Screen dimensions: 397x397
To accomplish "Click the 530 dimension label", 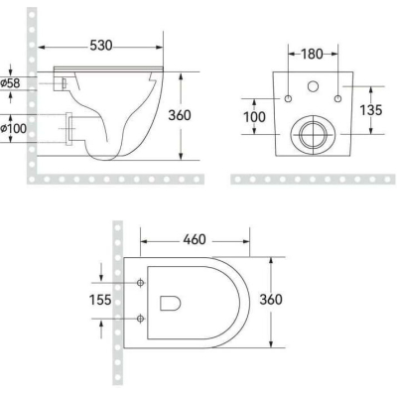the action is pyautogui.click(x=101, y=46).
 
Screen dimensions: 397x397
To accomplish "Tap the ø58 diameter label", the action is pyautogui.click(x=10, y=83).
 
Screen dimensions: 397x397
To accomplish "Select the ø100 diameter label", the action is pyautogui.click(x=13, y=128).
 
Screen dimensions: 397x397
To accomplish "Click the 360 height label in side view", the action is pyautogui.click(x=180, y=115).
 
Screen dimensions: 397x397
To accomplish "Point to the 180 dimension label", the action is pyautogui.click(x=312, y=54).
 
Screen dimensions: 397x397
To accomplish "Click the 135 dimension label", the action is pyautogui.click(x=371, y=110).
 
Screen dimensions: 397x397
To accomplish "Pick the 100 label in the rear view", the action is pyautogui.click(x=254, y=117).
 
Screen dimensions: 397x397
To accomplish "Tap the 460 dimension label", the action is pyautogui.click(x=195, y=239).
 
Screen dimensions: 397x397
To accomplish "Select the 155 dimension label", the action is pyautogui.click(x=100, y=300).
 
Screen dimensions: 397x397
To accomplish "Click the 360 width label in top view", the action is pyautogui.click(x=271, y=300).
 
